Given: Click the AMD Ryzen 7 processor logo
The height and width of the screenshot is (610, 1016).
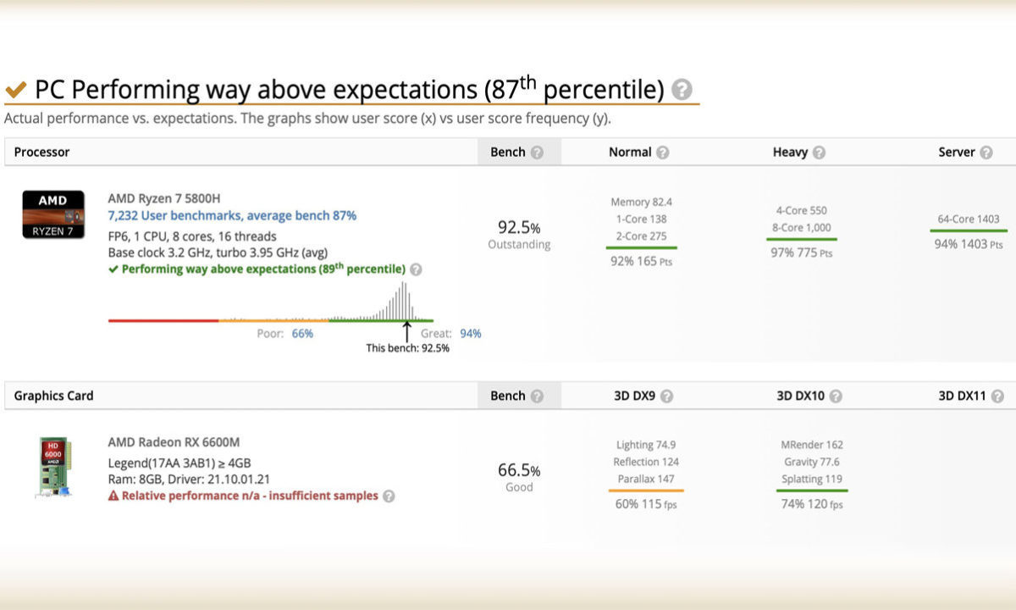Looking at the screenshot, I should coord(53,214).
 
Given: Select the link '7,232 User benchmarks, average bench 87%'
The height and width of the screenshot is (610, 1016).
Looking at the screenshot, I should coord(232,216).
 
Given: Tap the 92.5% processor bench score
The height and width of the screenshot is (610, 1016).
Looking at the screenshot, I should coord(519,228).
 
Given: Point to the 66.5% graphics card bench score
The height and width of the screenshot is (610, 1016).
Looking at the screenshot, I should coord(519,470).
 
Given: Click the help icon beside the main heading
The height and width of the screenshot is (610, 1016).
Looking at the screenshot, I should coord(682,90).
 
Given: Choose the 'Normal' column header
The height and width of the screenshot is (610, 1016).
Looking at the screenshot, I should coord(630,152).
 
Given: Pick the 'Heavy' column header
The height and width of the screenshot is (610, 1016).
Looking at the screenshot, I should coord(790,152).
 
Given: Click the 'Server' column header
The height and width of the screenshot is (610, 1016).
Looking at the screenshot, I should coord(957,152).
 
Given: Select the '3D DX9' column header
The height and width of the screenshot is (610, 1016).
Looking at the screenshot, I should coord(634,396).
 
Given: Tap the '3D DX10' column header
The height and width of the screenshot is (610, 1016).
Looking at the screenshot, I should coord(801,396).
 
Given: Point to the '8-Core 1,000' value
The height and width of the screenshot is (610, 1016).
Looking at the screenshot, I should coord(801,227).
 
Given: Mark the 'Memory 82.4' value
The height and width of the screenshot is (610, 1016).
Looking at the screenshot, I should coord(641,202).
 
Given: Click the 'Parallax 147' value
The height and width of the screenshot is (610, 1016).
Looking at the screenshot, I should coord(645,479).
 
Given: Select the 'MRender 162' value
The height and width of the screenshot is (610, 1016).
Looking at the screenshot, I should coord(812,445).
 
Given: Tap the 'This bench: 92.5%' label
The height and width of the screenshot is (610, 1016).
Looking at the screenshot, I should coord(407,347).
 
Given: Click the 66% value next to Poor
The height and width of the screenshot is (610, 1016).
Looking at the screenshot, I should coord(302,334).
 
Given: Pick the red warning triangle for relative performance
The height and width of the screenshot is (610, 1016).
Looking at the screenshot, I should coord(113,496).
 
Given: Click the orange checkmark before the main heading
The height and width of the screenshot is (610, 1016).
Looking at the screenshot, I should coord(16,90).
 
